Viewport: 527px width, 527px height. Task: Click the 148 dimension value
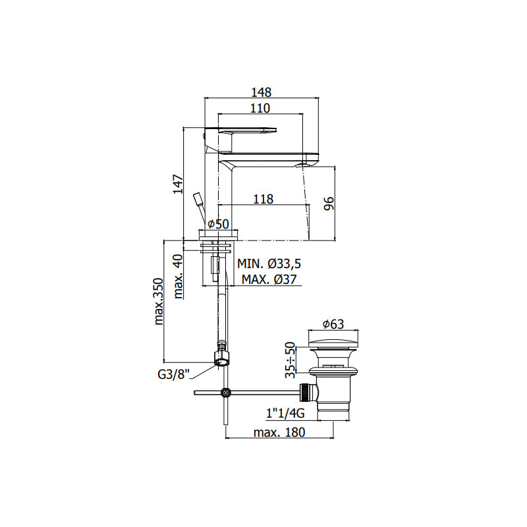(261, 92)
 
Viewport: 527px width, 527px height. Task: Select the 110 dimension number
(260, 108)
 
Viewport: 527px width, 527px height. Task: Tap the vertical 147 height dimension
(178, 184)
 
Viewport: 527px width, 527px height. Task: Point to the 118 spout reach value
(263, 200)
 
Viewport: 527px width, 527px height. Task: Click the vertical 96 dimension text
(329, 204)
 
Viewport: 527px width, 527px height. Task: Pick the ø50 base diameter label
(218, 224)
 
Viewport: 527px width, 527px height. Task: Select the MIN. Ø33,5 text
(269, 264)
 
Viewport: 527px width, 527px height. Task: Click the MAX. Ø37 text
(269, 279)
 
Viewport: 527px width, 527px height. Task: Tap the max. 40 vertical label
(178, 277)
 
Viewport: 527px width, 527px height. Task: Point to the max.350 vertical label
(158, 302)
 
